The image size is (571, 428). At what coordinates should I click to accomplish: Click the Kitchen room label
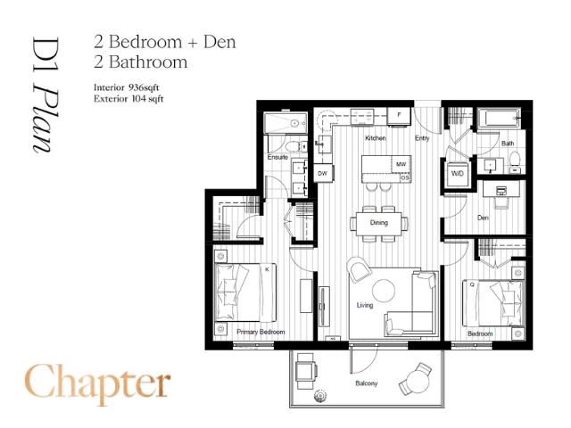pyautogui.click(x=375, y=139)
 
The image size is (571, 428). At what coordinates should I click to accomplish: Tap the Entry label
pyautogui.click(x=424, y=139)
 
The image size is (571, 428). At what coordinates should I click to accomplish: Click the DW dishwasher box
pyautogui.click(x=323, y=173)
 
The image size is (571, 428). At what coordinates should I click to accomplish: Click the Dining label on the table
pyautogui.click(x=379, y=222)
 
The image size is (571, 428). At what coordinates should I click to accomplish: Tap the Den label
pyautogui.click(x=483, y=217)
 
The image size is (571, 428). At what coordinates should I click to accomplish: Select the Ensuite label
pyautogui.click(x=278, y=159)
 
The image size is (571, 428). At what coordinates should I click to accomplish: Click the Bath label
pyautogui.click(x=507, y=144)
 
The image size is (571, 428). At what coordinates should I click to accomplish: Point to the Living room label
pyautogui.click(x=364, y=306)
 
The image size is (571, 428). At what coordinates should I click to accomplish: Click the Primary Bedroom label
pyautogui.click(x=261, y=332)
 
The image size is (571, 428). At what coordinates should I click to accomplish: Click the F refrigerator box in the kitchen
pyautogui.click(x=399, y=116)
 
